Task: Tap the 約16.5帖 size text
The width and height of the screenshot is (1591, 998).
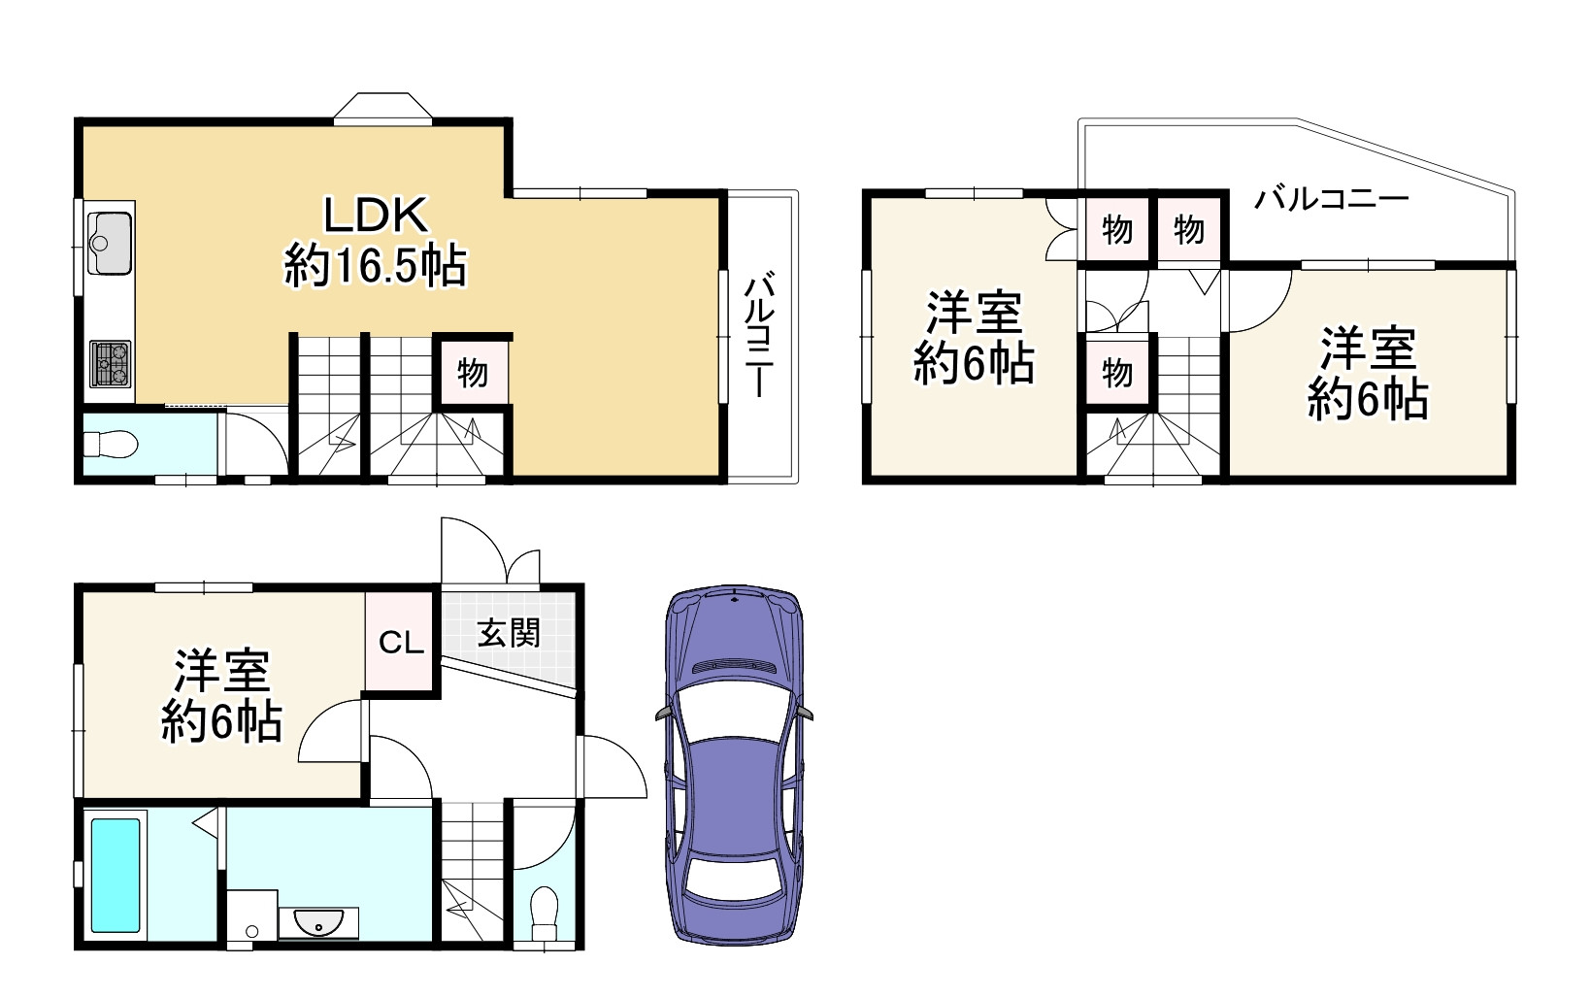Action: click(x=376, y=266)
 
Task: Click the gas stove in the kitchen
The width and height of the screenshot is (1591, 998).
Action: click(x=110, y=363)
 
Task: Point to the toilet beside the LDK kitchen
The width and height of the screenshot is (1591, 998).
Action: click(x=111, y=445)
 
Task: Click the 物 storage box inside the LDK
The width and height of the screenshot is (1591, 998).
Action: click(x=472, y=372)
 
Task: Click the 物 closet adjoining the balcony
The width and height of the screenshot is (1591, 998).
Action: click(x=1189, y=230)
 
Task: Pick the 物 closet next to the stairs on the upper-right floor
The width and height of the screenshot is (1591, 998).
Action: click(x=1117, y=372)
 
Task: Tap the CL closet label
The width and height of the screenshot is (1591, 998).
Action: click(x=401, y=642)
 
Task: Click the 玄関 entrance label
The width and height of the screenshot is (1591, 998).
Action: click(x=509, y=634)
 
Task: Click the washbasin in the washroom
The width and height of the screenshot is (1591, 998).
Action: click(x=317, y=923)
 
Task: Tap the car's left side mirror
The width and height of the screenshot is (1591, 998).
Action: click(x=664, y=714)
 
